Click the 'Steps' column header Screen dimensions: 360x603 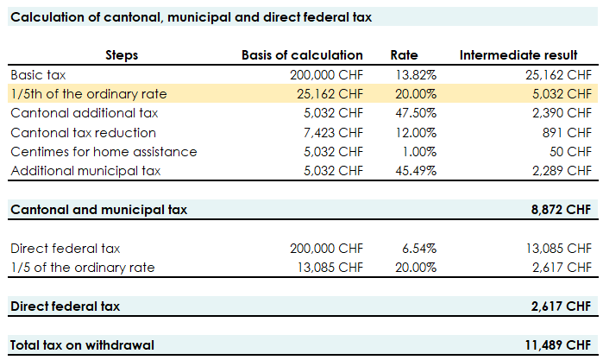click(x=122, y=55)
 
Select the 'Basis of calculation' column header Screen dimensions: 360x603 click(x=302, y=55)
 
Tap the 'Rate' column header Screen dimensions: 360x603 click(x=404, y=55)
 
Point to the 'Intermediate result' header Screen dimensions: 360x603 click(x=525, y=55)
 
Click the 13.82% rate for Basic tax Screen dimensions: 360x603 click(x=419, y=75)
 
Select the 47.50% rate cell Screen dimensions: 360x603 click(x=419, y=113)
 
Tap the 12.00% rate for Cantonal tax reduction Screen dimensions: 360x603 click(x=419, y=132)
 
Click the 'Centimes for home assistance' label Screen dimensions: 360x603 click(x=104, y=151)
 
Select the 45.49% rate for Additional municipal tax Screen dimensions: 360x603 click(x=419, y=170)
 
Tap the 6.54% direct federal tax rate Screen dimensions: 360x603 click(x=422, y=248)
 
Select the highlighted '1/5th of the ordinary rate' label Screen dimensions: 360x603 click(x=89, y=94)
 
